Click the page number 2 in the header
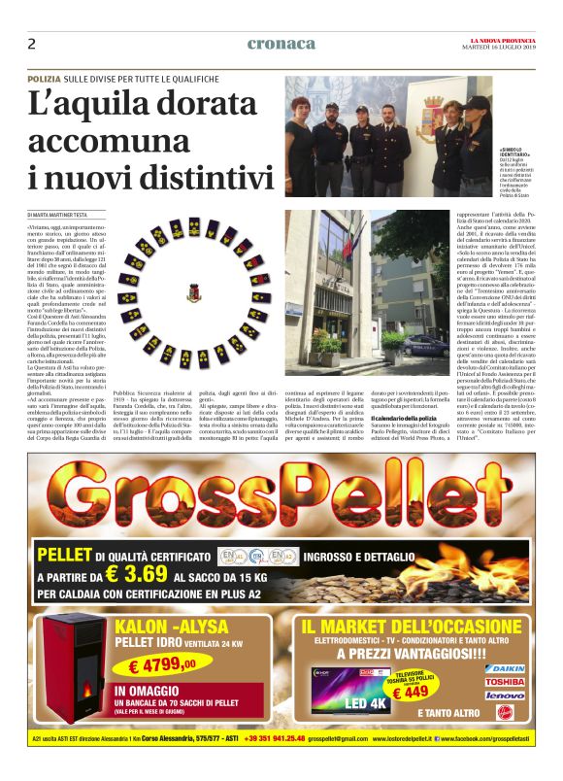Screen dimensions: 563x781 [32, 44]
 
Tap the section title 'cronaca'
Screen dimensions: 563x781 [281, 44]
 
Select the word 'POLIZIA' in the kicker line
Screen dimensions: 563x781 [44, 78]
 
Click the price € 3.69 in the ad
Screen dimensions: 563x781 [137, 574]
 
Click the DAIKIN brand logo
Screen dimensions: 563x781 [505, 670]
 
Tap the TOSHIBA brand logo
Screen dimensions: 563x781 [505, 683]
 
